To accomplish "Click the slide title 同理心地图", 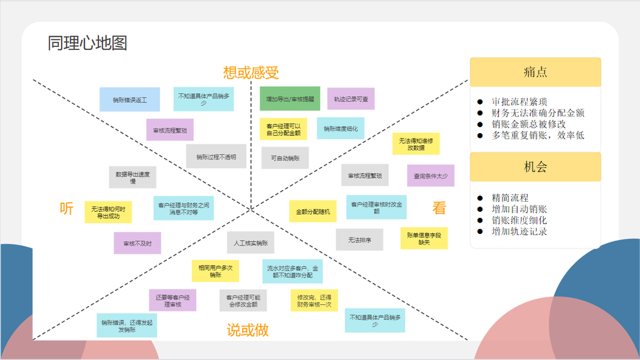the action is click(88, 43).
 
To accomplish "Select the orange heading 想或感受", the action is click(251, 73).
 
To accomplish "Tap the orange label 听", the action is click(67, 208).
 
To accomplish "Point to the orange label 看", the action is click(439, 208).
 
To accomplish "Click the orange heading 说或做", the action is click(247, 329).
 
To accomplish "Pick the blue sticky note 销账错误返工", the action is click(130, 100).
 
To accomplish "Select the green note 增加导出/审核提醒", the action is click(290, 99).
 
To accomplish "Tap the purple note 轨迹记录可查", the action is click(351, 99).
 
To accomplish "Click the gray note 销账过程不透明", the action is click(216, 157).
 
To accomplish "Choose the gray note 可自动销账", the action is click(285, 158).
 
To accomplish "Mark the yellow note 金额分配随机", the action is click(313, 211).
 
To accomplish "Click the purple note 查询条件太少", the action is click(430, 176).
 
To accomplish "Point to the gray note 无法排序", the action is click(359, 239).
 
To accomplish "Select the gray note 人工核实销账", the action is click(251, 243).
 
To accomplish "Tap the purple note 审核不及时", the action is click(137, 243).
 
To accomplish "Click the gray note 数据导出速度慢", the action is click(133, 178).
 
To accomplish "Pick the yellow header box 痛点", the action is click(535, 72).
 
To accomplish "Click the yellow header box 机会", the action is click(535, 167).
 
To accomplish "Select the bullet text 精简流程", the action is click(510, 198).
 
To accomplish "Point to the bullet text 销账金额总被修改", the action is click(528, 124).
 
